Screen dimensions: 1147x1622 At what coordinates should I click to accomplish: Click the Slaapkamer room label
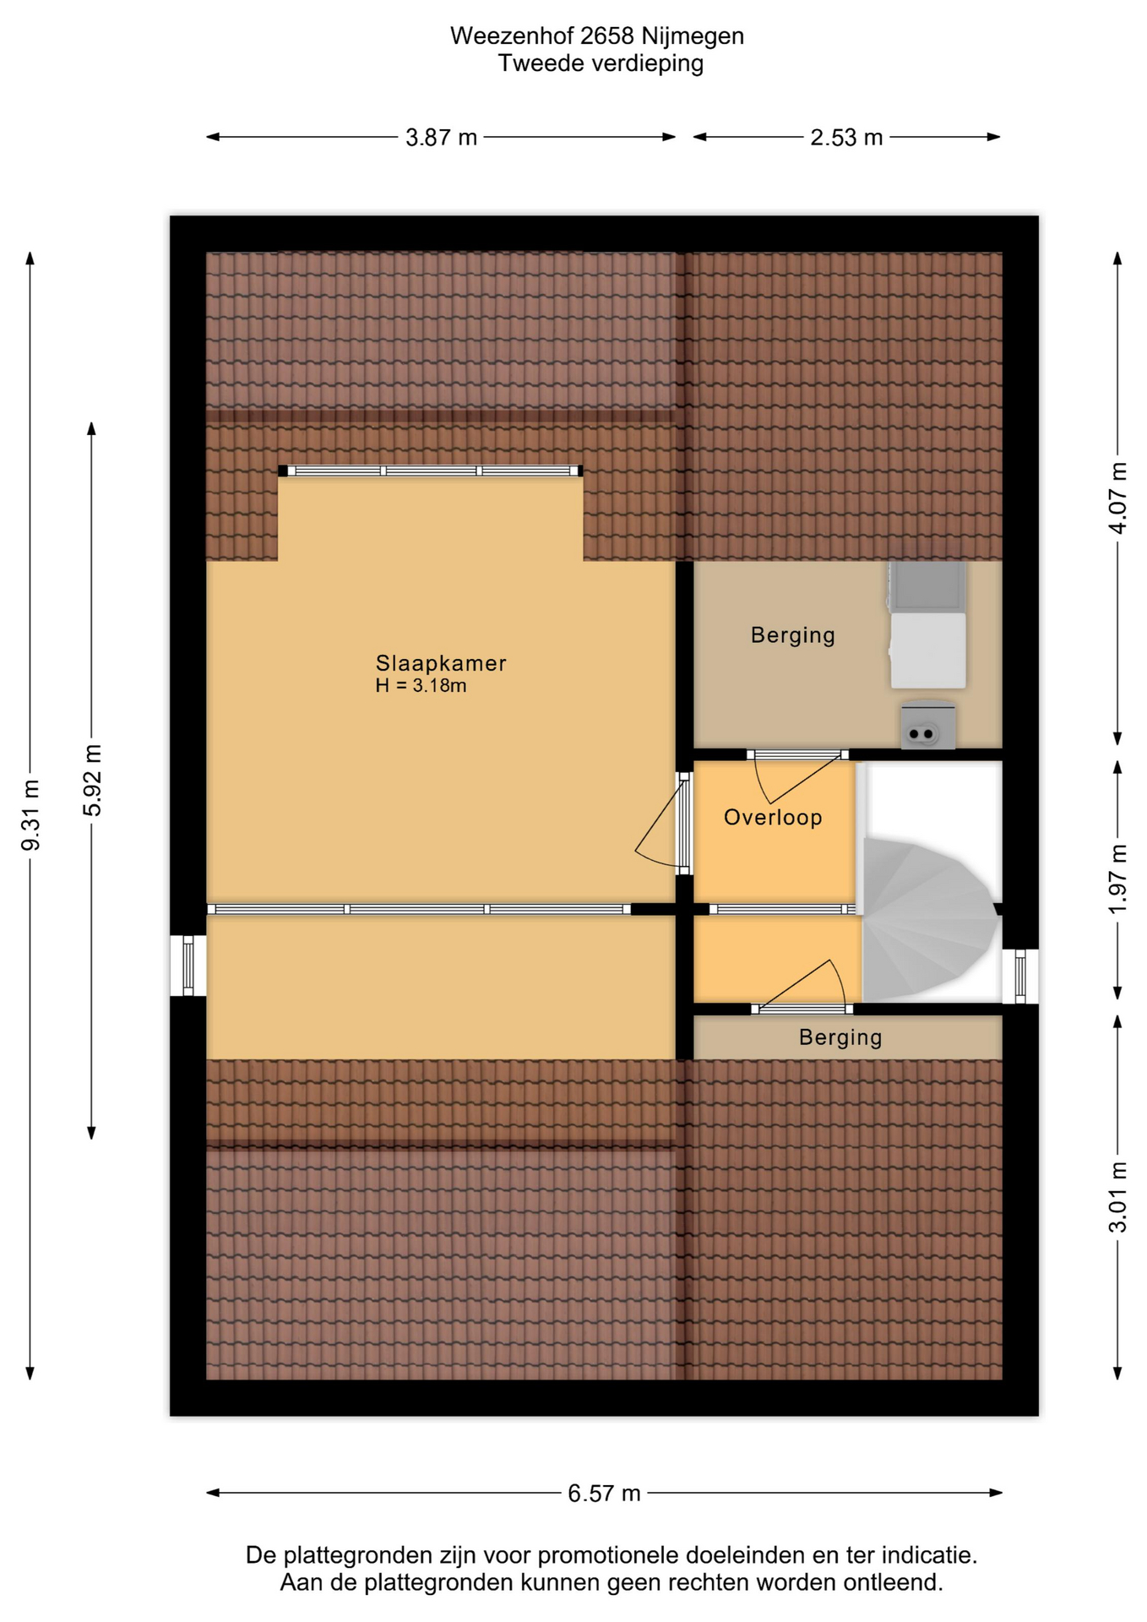(441, 663)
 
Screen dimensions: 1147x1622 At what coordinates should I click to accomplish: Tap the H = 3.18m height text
(421, 685)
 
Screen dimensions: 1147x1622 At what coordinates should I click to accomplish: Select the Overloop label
(773, 818)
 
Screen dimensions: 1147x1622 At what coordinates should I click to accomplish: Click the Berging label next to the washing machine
(793, 635)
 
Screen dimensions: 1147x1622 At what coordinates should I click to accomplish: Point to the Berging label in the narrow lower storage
(840, 1037)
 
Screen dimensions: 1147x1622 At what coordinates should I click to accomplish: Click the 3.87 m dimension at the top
(441, 137)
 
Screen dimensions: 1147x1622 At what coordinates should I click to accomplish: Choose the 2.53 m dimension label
(846, 137)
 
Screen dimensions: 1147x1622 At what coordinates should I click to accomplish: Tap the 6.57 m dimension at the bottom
(604, 1493)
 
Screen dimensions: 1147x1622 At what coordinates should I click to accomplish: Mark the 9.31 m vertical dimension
(30, 816)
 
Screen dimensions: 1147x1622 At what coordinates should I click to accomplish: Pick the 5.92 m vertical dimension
(92, 781)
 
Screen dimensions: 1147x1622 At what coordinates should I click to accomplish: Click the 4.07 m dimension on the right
(1117, 498)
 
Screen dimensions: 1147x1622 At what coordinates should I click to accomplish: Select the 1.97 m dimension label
(1117, 879)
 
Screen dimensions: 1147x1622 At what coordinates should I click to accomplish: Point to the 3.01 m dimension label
(1117, 1197)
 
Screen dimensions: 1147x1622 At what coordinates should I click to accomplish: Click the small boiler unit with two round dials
(928, 725)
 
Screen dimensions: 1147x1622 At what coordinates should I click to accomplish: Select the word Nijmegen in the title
(693, 36)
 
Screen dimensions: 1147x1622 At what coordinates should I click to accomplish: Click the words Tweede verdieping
(601, 63)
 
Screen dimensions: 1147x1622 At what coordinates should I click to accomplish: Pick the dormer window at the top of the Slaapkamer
(431, 471)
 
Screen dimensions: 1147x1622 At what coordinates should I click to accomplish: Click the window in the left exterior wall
(188, 966)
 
